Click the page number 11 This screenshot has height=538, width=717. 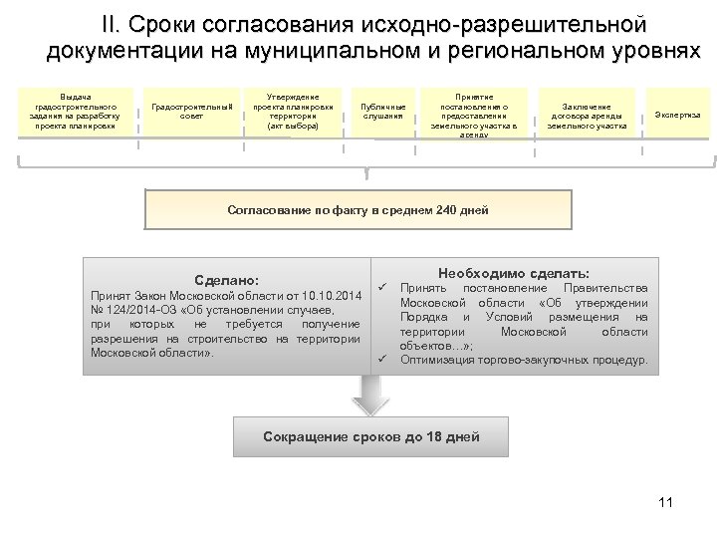pyautogui.click(x=666, y=500)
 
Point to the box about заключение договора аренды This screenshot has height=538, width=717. pyautogui.click(x=587, y=114)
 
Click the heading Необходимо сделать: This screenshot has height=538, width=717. pyautogui.click(x=514, y=272)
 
